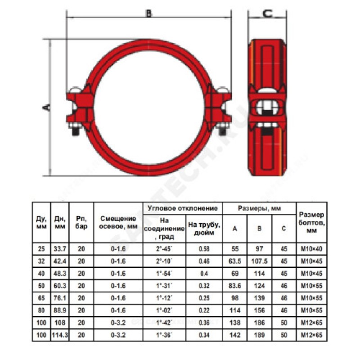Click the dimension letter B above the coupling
[x=149, y=13]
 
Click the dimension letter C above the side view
[x=267, y=14]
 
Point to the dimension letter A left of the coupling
[x=47, y=107]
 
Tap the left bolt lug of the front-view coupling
[x=80, y=108]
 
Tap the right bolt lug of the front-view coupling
[x=218, y=108]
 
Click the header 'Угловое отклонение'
[x=183, y=208]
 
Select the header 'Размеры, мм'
[x=260, y=208]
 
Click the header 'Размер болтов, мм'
[x=311, y=222]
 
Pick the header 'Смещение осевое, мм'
[x=118, y=222]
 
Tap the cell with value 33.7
[x=60, y=249]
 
